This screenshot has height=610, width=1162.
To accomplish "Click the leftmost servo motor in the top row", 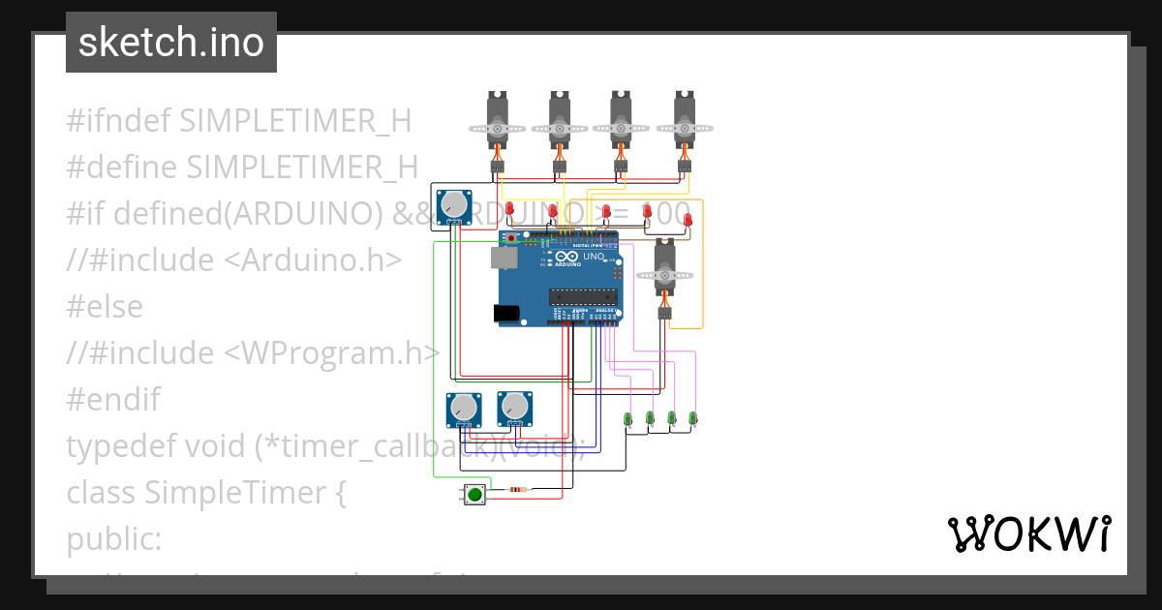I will [x=498, y=121].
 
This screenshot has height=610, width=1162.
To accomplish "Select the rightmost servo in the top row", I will [x=685, y=121].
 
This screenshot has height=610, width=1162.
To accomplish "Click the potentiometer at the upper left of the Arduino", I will [x=453, y=206].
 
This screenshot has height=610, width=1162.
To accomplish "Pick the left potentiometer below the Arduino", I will [x=463, y=409].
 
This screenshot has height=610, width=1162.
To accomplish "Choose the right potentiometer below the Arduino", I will [x=514, y=409].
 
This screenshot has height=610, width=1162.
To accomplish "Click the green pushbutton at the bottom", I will [x=474, y=495].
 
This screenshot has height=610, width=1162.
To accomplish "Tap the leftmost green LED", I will [x=627, y=418].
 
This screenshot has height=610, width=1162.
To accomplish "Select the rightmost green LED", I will [x=692, y=418].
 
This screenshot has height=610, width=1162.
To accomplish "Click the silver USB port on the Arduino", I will [x=503, y=258].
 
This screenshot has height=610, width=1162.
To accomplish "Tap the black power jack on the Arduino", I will [x=505, y=313].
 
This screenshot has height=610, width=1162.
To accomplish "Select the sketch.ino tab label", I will [x=171, y=43].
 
